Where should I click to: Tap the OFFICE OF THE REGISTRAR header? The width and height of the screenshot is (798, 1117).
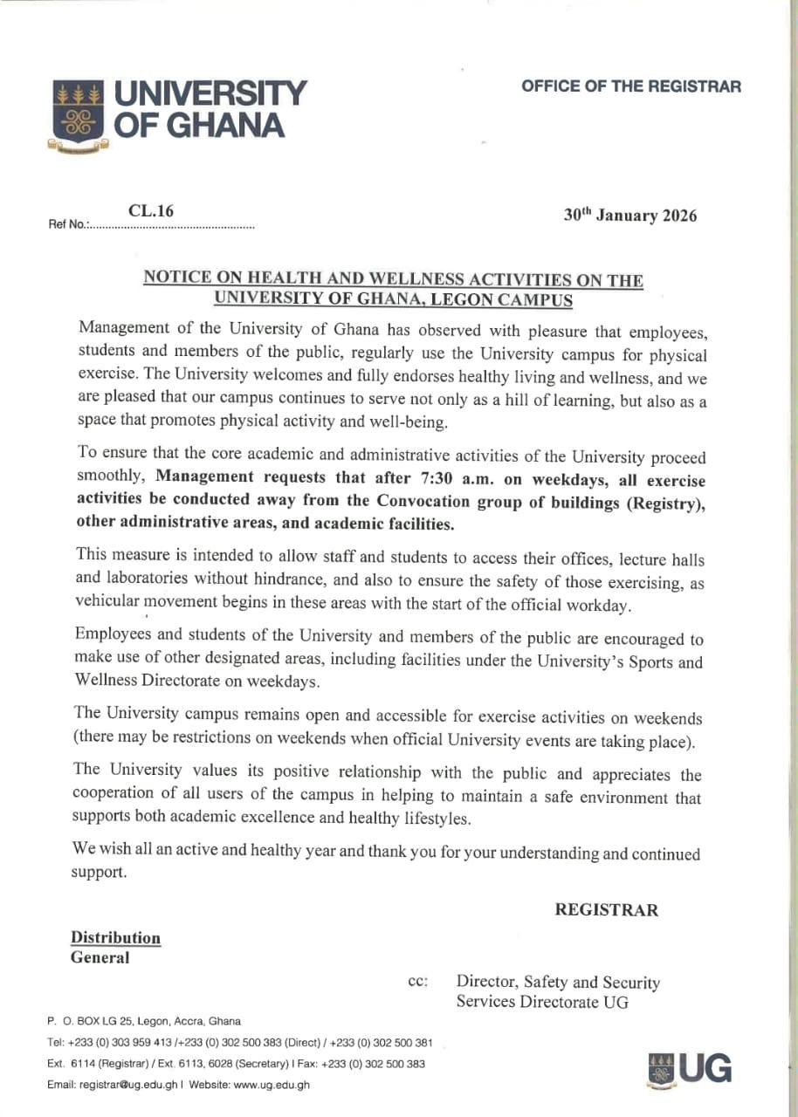coord(631,86)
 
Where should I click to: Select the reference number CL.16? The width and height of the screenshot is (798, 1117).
coord(151,209)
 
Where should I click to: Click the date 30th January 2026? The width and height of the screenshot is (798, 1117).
coord(630,216)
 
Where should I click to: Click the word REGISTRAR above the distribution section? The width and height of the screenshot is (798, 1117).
coord(606,910)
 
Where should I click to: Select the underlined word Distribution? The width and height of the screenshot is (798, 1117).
coord(115,938)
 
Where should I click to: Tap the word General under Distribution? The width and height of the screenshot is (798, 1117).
coord(100,957)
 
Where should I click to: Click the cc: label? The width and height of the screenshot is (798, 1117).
coord(417,982)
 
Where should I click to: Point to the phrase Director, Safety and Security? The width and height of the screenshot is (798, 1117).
coord(558,983)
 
